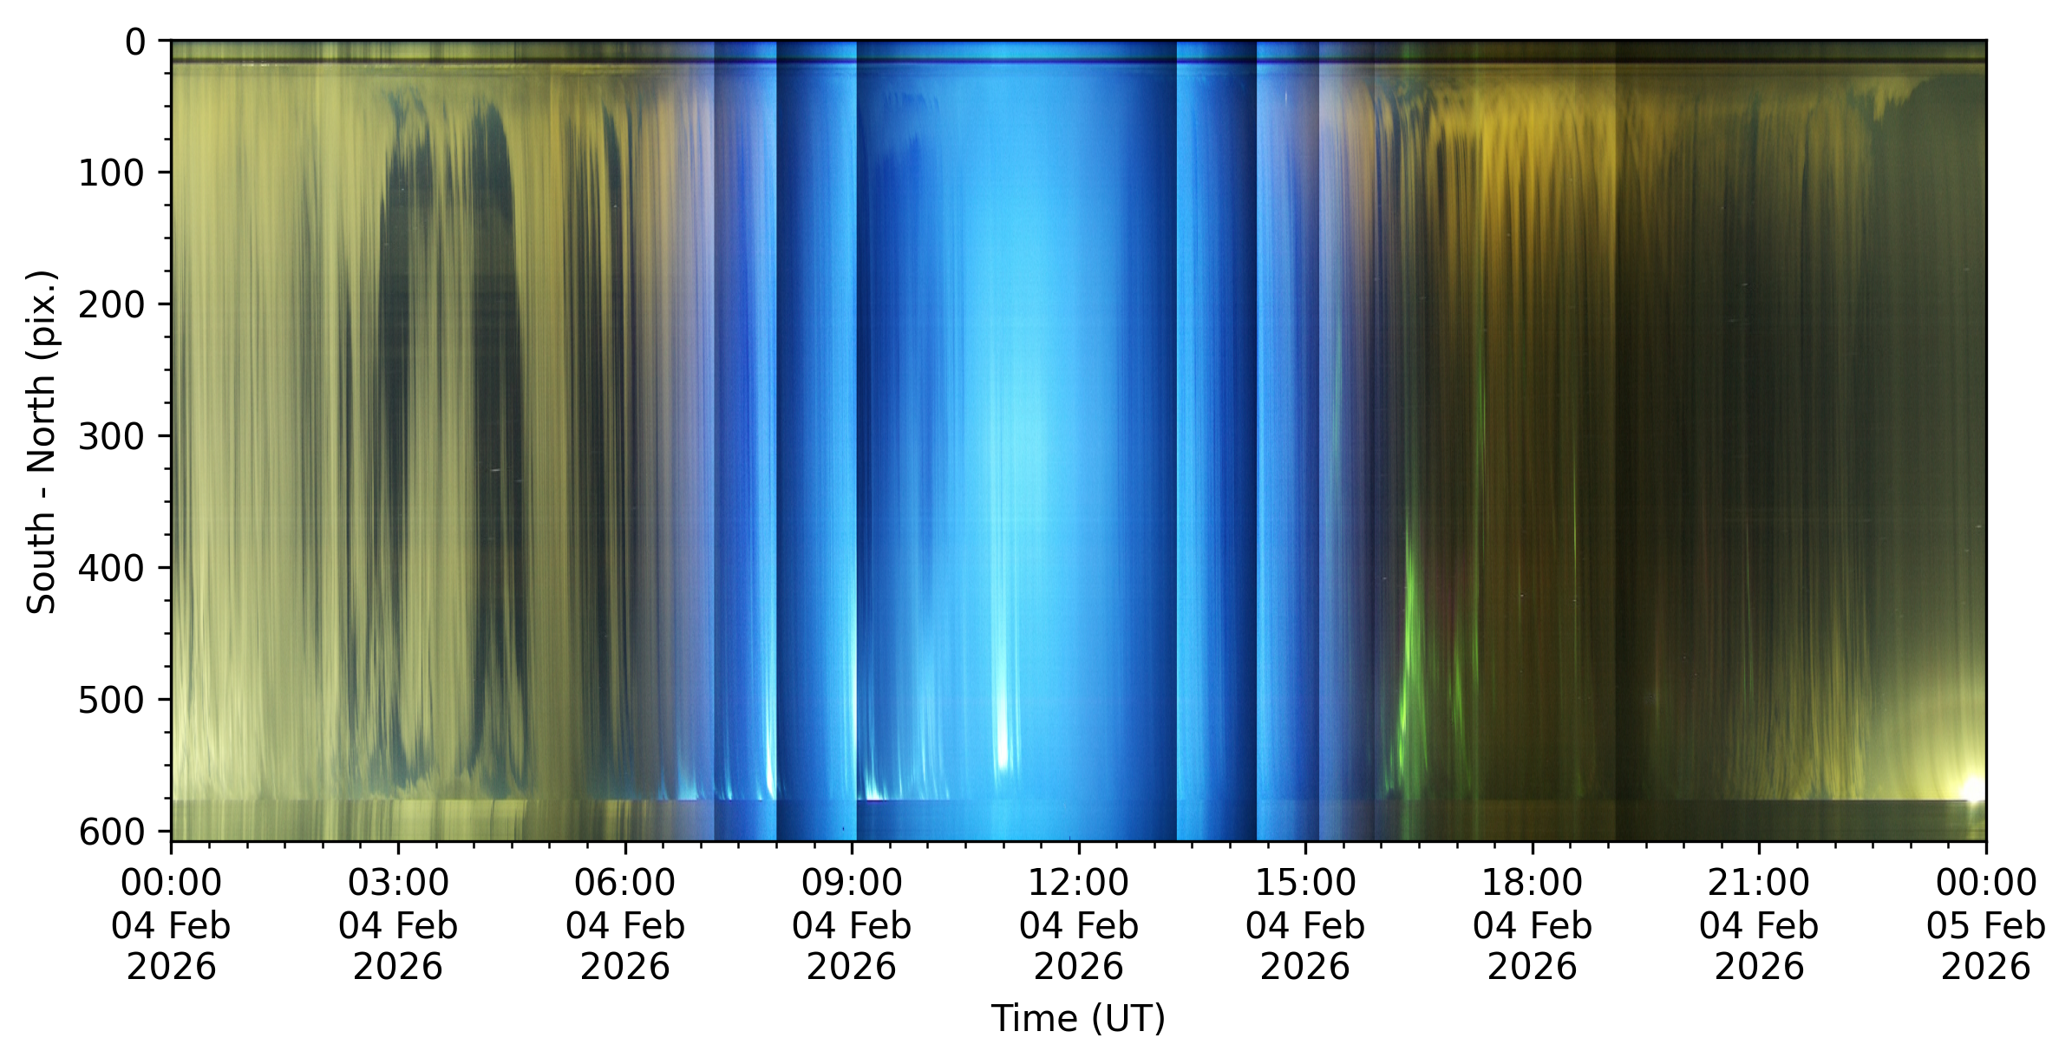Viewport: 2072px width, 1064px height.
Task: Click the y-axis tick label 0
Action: tap(135, 42)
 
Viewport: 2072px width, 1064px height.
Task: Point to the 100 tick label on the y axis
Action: tap(112, 173)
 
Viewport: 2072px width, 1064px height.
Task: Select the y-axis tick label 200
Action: tap(112, 305)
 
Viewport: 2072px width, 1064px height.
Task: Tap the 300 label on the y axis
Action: tap(112, 436)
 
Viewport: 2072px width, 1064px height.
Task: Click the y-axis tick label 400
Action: tap(112, 568)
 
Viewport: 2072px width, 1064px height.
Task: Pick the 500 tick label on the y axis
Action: tap(112, 700)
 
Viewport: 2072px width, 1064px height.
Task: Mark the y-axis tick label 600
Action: tap(112, 832)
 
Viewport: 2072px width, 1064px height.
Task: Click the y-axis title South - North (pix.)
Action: tap(41, 442)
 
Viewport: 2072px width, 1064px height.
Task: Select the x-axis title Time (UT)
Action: tap(1078, 1018)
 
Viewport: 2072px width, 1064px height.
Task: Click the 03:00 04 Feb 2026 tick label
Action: tap(398, 924)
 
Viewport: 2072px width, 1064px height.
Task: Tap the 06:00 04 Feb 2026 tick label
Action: tap(625, 924)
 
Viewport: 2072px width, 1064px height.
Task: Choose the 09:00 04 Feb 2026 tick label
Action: tap(852, 924)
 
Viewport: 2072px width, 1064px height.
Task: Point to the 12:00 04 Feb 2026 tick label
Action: tap(1079, 924)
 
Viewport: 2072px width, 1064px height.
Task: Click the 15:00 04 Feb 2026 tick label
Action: tap(1305, 924)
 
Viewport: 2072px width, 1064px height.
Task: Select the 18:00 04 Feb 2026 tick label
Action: tap(1533, 924)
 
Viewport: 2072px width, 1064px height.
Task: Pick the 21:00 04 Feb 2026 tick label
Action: tap(1759, 924)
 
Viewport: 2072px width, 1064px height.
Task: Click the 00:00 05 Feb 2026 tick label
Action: tap(1986, 924)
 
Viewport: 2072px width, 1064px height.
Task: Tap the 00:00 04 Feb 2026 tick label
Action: tap(171, 924)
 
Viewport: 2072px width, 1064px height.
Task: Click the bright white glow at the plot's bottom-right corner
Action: tap(1974, 790)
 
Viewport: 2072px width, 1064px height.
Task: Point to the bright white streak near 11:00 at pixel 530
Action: tap(1003, 737)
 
